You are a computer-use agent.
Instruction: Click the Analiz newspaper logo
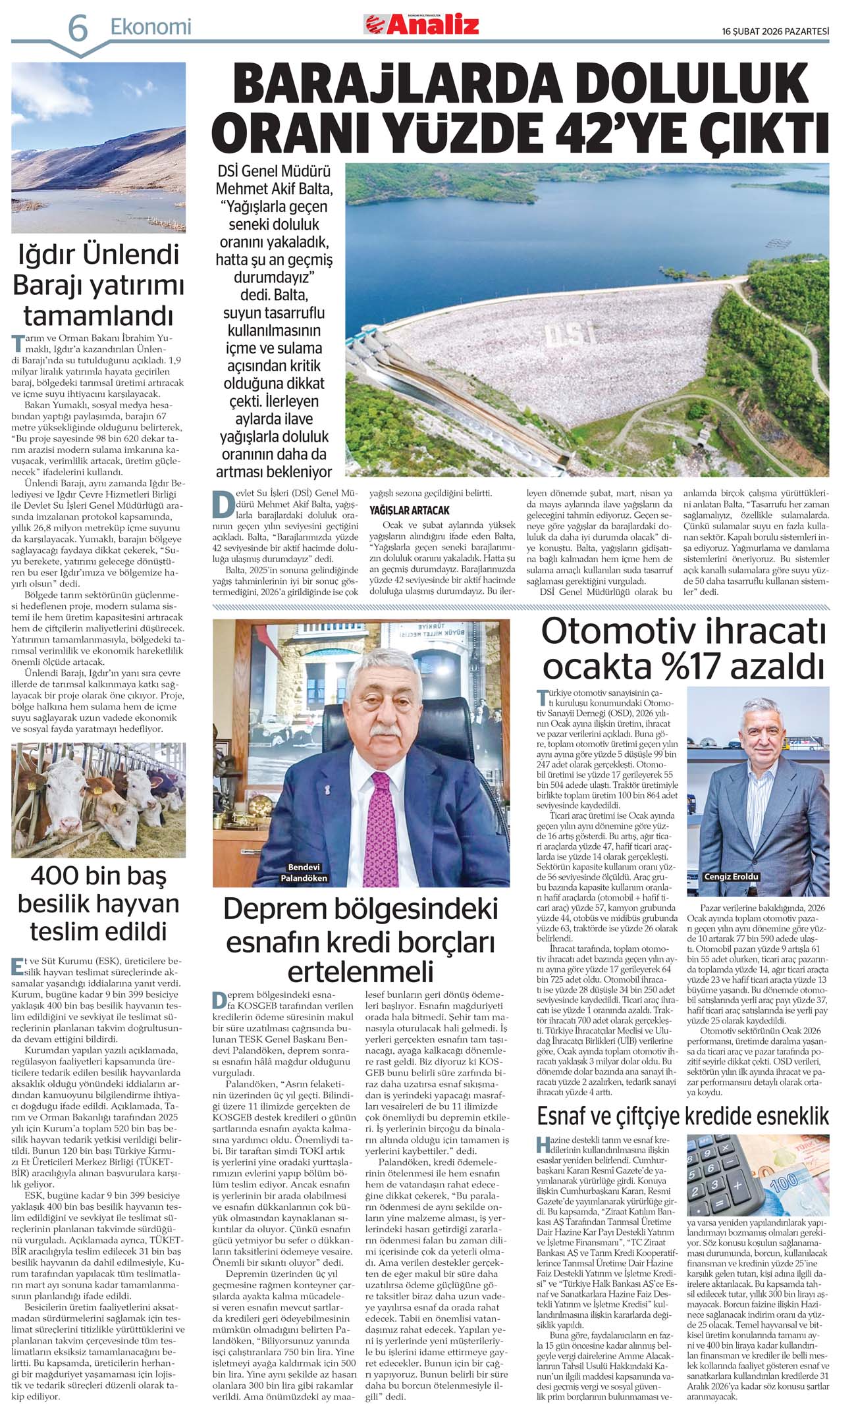[x=421, y=25]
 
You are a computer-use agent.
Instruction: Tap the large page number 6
[x=78, y=29]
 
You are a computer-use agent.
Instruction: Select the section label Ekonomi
[x=151, y=27]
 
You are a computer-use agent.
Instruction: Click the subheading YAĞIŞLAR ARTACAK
[x=410, y=510]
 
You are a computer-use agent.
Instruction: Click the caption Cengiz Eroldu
[x=732, y=877]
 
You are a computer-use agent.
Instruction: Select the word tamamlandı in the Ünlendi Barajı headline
[x=98, y=316]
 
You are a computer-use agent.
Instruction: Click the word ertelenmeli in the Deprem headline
[x=360, y=972]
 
